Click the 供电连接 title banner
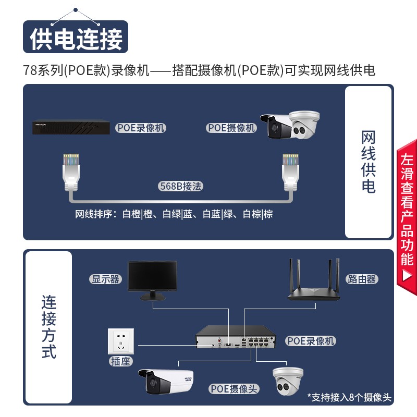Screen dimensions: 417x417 (76, 36)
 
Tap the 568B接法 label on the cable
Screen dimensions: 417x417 (180, 186)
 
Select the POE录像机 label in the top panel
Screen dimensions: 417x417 (141, 128)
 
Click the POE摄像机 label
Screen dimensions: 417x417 (231, 128)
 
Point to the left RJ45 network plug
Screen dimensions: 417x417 (71, 172)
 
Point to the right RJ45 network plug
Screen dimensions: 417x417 (290, 172)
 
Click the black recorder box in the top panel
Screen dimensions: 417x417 (71, 127)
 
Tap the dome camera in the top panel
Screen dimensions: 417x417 (304, 125)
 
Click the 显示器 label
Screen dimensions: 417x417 (106, 279)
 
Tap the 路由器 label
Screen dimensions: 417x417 (362, 279)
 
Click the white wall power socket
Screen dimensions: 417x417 (121, 341)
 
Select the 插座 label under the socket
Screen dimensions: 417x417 (120, 361)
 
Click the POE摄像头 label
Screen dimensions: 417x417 (234, 389)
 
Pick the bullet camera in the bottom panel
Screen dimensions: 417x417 (166, 382)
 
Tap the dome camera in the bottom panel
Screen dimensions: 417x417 (288, 381)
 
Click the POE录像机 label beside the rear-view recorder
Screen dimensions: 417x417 (311, 341)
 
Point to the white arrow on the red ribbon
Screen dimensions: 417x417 (407, 276)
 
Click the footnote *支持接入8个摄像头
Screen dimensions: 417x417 (349, 397)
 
